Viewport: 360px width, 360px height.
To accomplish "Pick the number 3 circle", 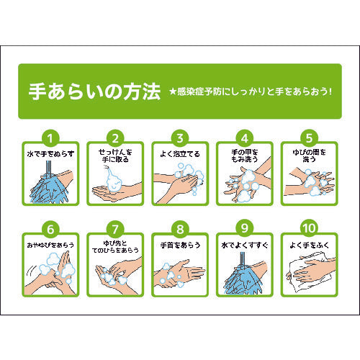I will (180, 137).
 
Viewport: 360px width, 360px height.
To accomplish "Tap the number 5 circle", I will (310, 137).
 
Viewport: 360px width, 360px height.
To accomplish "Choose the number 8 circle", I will (180, 229).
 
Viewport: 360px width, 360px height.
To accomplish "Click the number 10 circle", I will (310, 229).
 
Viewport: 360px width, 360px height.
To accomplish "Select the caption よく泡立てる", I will (180, 153).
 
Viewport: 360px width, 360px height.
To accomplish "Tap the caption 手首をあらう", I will (180, 246).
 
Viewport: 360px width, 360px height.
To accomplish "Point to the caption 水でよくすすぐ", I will (245, 246).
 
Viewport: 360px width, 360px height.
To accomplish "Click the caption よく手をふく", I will (310, 246).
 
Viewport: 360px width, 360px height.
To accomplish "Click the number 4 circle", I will (245, 137).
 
